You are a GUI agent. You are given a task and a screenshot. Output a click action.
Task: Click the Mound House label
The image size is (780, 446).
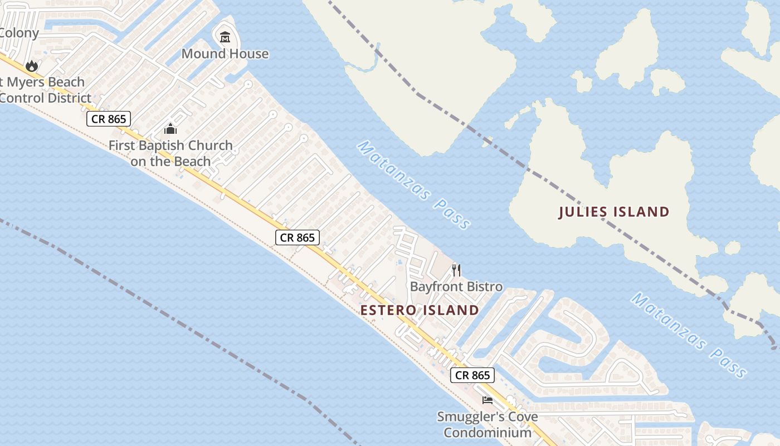click(225, 54)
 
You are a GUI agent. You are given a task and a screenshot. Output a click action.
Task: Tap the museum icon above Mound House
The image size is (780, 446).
click(225, 37)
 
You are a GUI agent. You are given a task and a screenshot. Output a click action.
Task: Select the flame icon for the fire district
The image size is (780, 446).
click(32, 66)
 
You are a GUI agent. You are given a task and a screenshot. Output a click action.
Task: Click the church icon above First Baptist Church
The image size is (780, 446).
click(170, 129)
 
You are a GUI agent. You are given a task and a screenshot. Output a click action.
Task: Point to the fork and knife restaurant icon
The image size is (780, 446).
click(456, 270)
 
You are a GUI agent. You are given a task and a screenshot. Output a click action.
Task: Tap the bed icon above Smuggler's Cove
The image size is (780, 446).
click(487, 400)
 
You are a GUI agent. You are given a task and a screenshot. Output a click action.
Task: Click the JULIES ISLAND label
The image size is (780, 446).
click(613, 212)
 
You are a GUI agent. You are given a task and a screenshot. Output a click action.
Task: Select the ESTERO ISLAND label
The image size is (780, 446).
click(420, 311)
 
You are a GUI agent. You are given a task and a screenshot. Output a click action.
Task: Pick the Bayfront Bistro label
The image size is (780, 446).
click(456, 287)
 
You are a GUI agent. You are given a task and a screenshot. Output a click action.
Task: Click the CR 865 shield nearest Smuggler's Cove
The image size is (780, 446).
click(472, 375)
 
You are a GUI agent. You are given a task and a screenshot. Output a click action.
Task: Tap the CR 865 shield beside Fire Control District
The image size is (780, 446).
click(109, 119)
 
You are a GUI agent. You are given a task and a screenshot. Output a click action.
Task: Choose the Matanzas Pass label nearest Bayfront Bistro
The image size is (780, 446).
click(414, 185)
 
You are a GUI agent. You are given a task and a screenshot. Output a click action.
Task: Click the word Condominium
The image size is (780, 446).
click(487, 433)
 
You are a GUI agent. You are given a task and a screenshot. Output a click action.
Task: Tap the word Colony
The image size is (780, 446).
click(19, 33)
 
